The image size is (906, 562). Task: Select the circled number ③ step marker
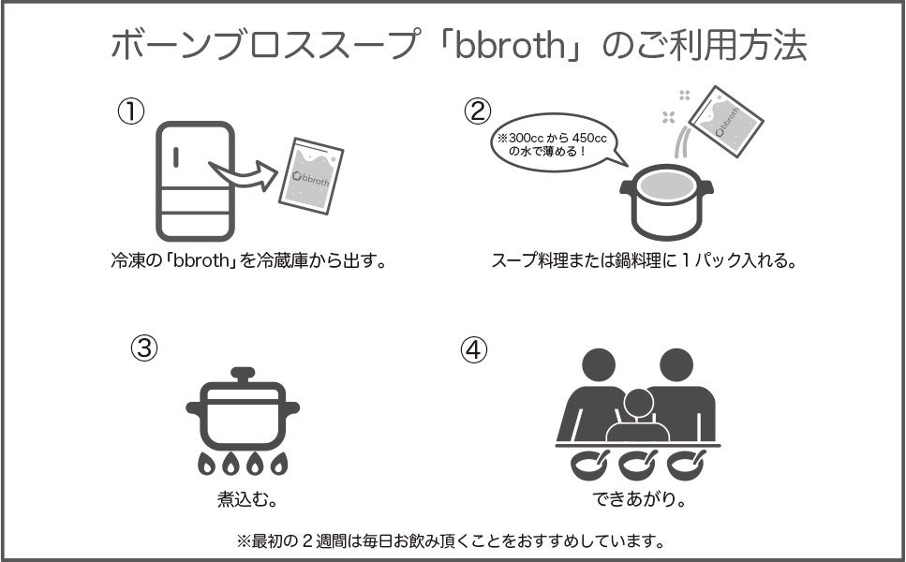[x=143, y=348]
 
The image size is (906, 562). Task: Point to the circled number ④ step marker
[x=475, y=349]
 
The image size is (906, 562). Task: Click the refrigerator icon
[x=195, y=181]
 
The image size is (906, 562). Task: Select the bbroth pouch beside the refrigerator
[x=312, y=176]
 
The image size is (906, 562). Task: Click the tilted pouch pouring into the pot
[x=724, y=121]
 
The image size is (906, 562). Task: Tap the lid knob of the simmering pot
[x=243, y=375]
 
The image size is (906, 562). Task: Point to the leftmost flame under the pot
[x=205, y=463]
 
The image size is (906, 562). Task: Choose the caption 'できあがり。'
[x=639, y=499]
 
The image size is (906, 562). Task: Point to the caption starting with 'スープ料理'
[x=644, y=260]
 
